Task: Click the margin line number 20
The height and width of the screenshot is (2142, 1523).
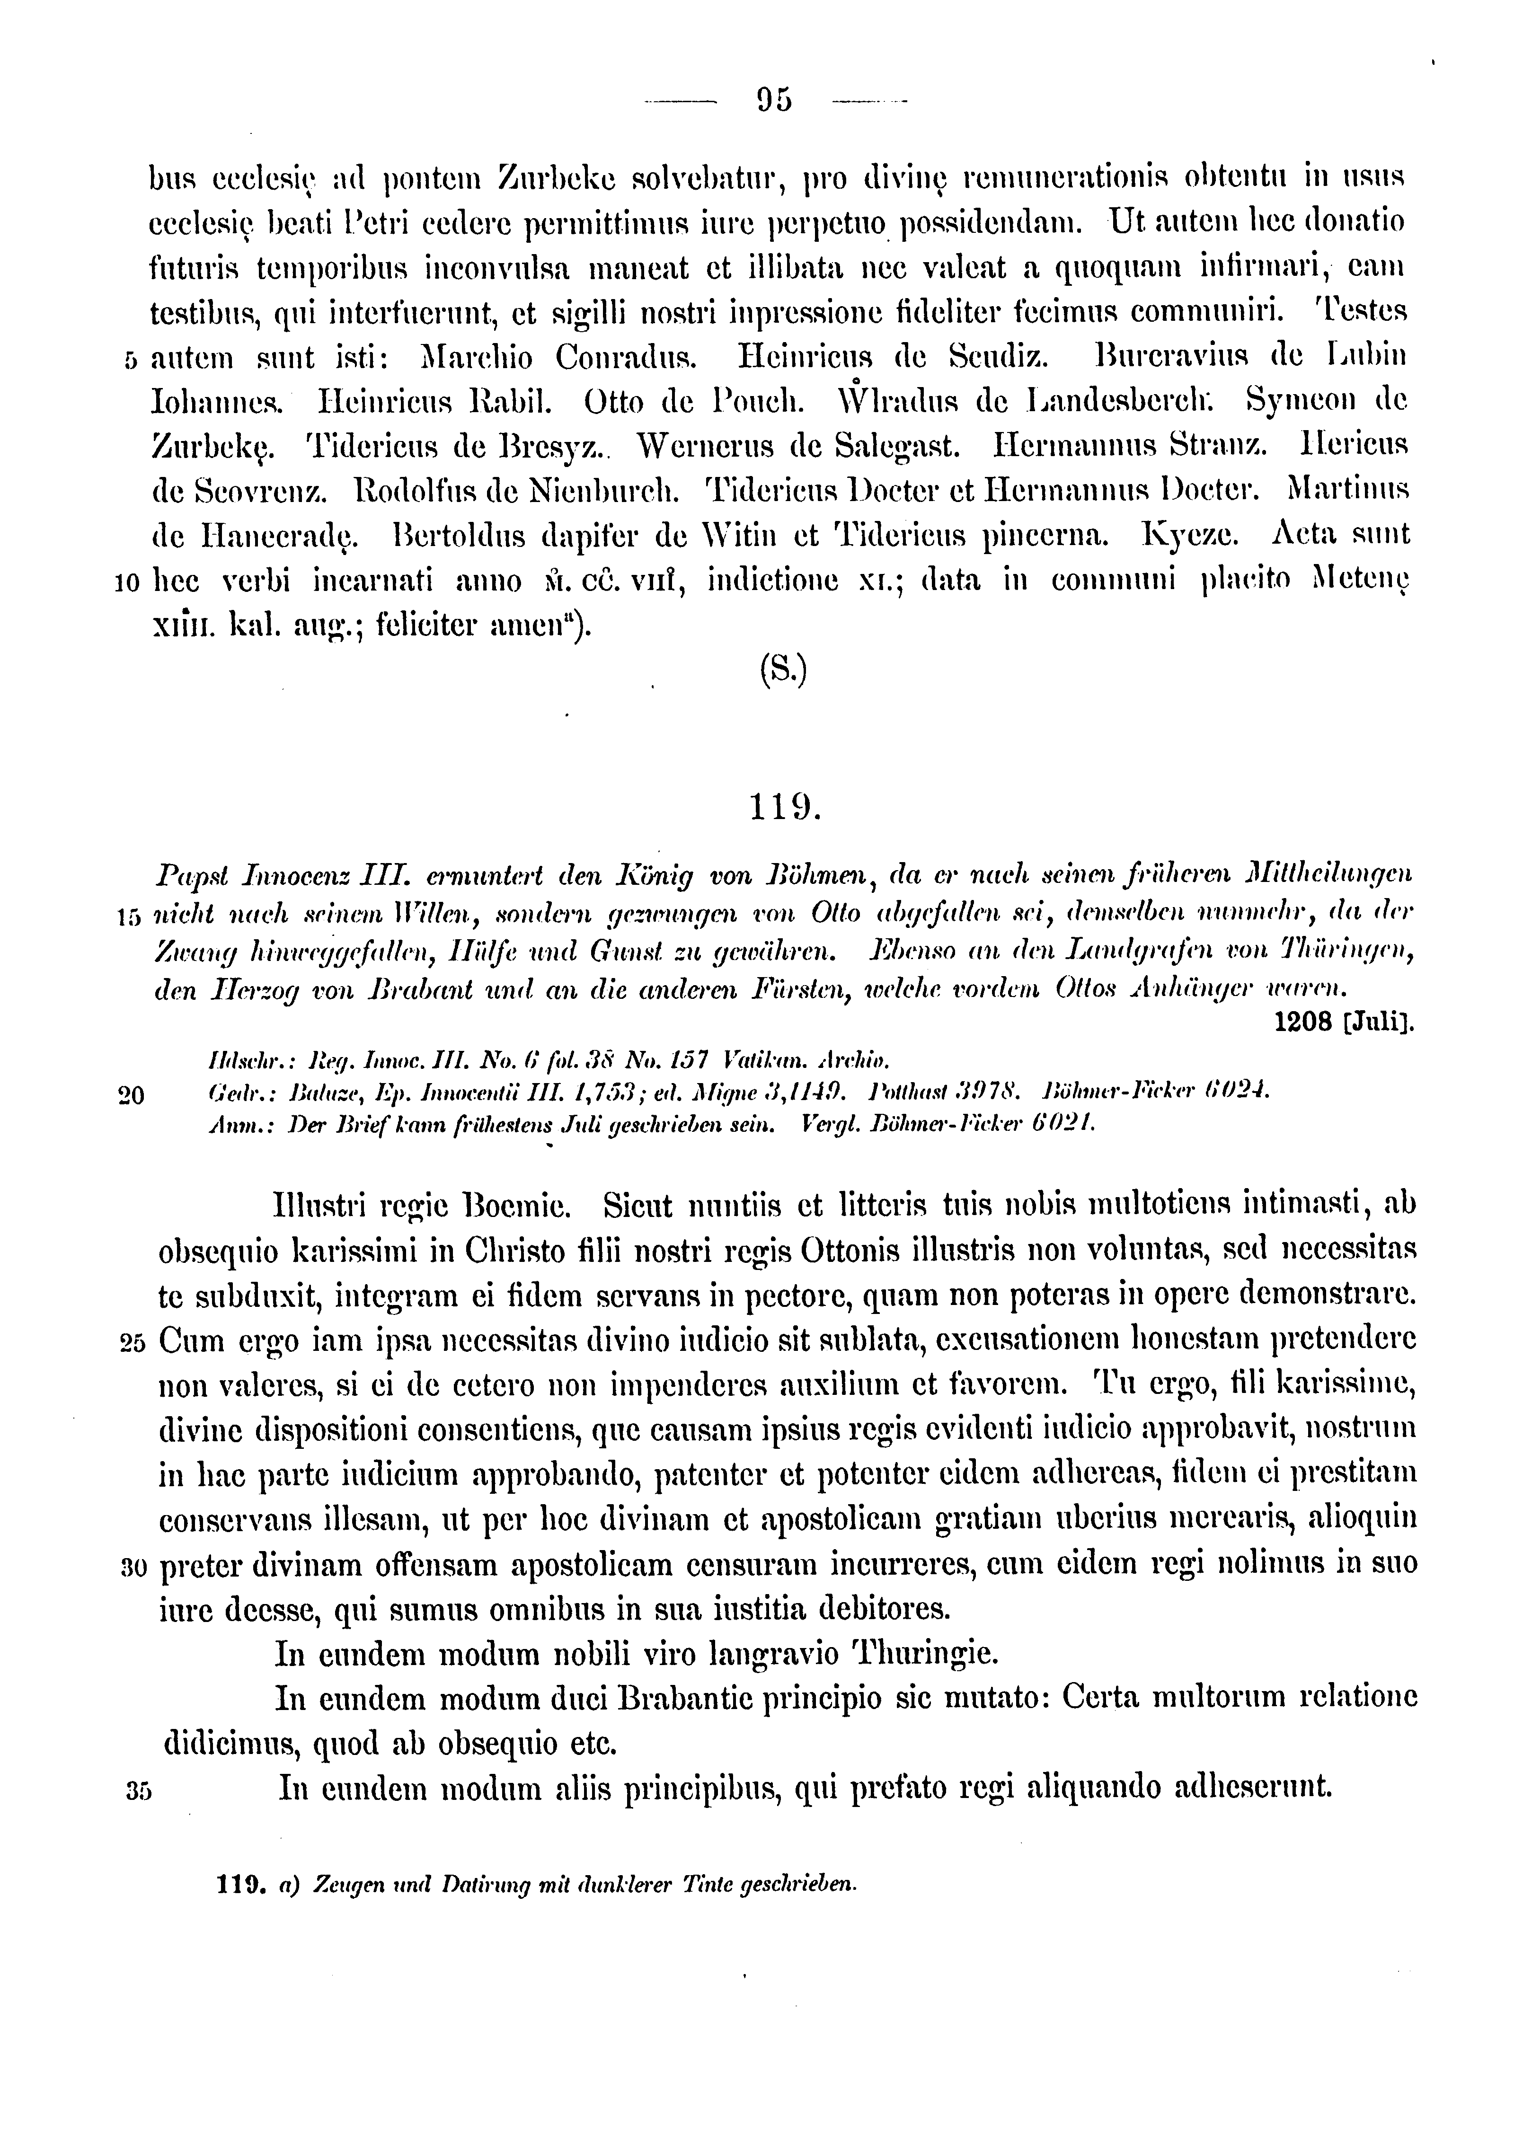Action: click(x=131, y=1095)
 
